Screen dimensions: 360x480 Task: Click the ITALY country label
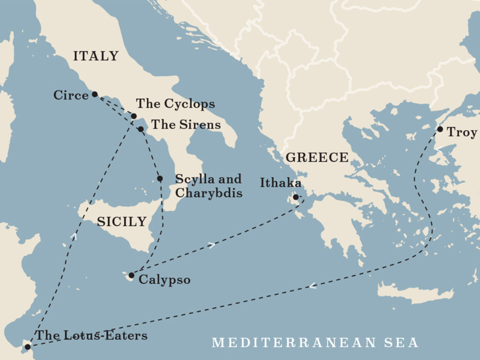(x=96, y=56)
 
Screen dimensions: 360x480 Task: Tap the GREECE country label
(x=317, y=157)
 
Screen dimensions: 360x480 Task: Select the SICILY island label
(x=121, y=222)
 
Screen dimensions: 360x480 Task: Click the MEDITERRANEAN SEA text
(x=315, y=343)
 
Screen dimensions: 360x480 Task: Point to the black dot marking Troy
(x=440, y=129)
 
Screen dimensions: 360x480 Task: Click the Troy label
(x=462, y=132)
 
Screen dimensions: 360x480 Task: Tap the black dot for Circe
(x=95, y=94)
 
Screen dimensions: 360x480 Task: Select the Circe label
(x=71, y=96)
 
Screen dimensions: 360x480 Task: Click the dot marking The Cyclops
(x=134, y=116)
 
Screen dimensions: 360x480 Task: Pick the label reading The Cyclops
(x=175, y=104)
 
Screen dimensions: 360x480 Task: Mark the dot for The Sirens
(x=141, y=128)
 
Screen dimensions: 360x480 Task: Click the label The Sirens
(x=185, y=125)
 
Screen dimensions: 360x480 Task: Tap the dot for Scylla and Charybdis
(x=160, y=179)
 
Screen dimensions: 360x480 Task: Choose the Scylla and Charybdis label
(x=208, y=186)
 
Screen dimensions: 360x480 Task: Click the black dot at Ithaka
(x=296, y=197)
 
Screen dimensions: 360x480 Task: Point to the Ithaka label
(x=280, y=183)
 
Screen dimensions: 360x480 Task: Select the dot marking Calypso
(x=131, y=275)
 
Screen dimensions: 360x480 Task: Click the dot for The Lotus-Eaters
(x=27, y=347)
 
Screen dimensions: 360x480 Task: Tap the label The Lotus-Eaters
(x=91, y=335)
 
